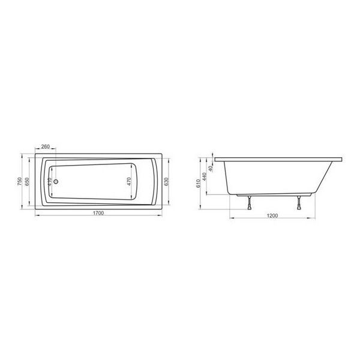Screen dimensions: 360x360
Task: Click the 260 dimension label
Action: point(46,146)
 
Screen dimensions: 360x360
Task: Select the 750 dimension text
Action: point(20,181)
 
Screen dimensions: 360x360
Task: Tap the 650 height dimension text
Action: point(28,181)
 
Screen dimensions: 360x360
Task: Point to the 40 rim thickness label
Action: point(212,160)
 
